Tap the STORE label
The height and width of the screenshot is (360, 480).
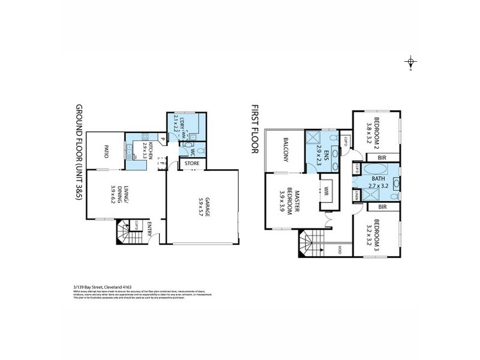pyautogui.click(x=192, y=163)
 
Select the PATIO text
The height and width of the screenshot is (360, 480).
pyautogui.click(x=106, y=151)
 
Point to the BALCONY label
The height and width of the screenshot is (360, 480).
pyautogui.click(x=287, y=149)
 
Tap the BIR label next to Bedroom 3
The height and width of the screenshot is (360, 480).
pyautogui.click(x=381, y=207)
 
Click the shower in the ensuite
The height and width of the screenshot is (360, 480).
pyautogui.click(x=313, y=140)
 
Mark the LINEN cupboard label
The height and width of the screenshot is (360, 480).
pyautogui.click(x=356, y=196)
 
